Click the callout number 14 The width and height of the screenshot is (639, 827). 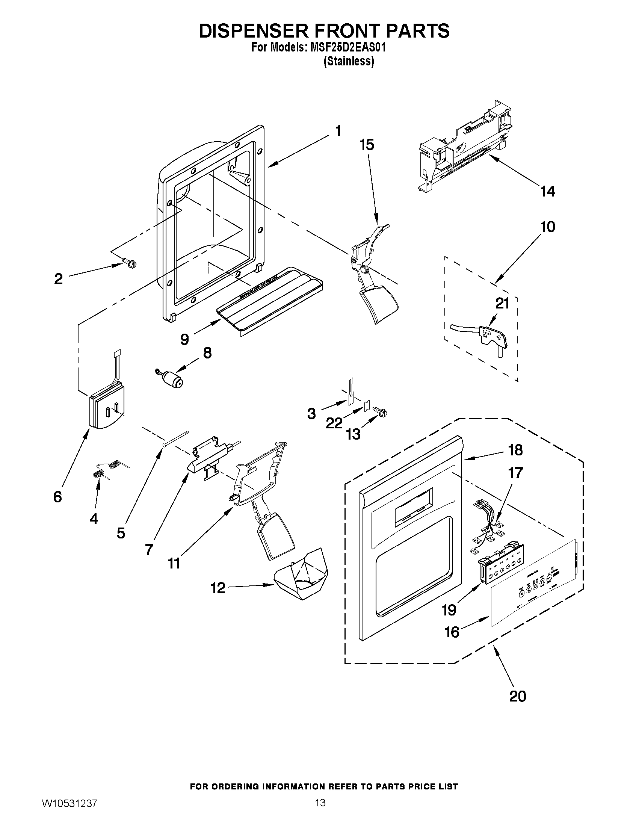coord(548,192)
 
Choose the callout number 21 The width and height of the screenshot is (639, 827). coord(502,303)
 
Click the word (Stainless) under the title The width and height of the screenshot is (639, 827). coord(349,61)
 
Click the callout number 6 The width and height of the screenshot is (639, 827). coord(57,496)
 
